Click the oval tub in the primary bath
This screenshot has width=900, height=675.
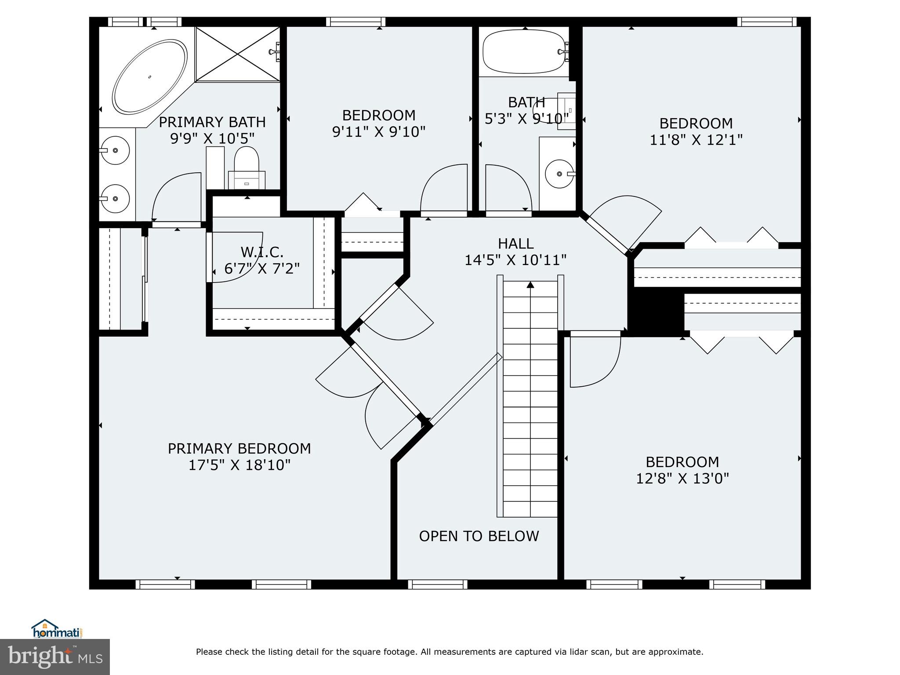coord(149,77)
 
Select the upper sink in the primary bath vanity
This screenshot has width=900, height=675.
coord(115,150)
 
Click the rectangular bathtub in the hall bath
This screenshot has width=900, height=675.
coord(524,52)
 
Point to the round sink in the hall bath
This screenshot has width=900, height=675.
coord(559,174)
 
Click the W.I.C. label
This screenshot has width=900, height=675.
coord(262,252)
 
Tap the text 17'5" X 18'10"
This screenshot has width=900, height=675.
coord(240,465)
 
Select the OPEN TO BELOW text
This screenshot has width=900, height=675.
coord(479,536)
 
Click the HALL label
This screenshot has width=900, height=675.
coord(515,243)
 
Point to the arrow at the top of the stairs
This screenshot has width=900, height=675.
coord(530,285)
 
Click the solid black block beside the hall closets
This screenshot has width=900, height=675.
coord(656,313)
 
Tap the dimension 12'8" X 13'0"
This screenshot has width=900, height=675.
coord(682,478)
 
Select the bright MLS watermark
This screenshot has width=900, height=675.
coord(55,657)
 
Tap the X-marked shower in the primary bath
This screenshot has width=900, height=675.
coord(237,54)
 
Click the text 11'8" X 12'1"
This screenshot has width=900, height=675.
coord(696,140)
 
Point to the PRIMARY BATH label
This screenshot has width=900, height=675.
coord(212,122)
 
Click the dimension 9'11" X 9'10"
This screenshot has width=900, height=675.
coord(378,131)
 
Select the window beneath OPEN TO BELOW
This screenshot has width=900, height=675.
coord(437,584)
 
